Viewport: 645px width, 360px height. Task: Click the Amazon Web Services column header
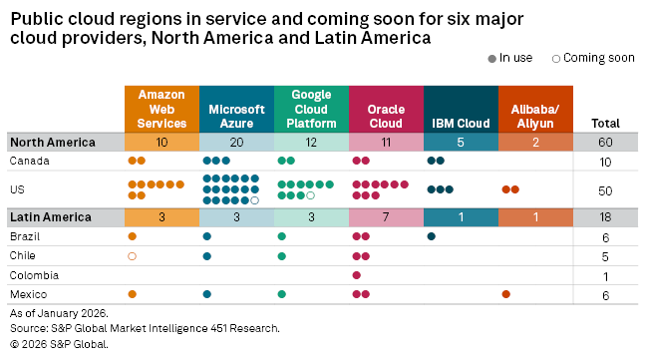pos(161,108)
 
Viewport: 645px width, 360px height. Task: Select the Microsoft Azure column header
pos(236,108)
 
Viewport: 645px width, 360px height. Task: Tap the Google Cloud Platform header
pos(311,108)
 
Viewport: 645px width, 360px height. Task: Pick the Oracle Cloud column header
pos(385,108)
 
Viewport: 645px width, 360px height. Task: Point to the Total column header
pos(606,123)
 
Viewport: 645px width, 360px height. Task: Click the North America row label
pos(52,142)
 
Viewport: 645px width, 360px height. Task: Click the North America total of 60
pos(606,142)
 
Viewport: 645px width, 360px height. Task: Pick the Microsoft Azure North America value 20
pos(236,142)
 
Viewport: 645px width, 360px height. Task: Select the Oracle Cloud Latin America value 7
pos(385,216)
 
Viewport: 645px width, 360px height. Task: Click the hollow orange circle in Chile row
pos(133,255)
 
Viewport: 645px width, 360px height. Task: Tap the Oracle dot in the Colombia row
pos(357,274)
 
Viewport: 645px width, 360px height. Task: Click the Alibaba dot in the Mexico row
pos(506,293)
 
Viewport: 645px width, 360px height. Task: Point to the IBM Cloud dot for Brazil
pos(432,236)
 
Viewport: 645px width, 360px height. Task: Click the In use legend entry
pos(515,58)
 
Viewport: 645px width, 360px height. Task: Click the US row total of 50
pos(606,189)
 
